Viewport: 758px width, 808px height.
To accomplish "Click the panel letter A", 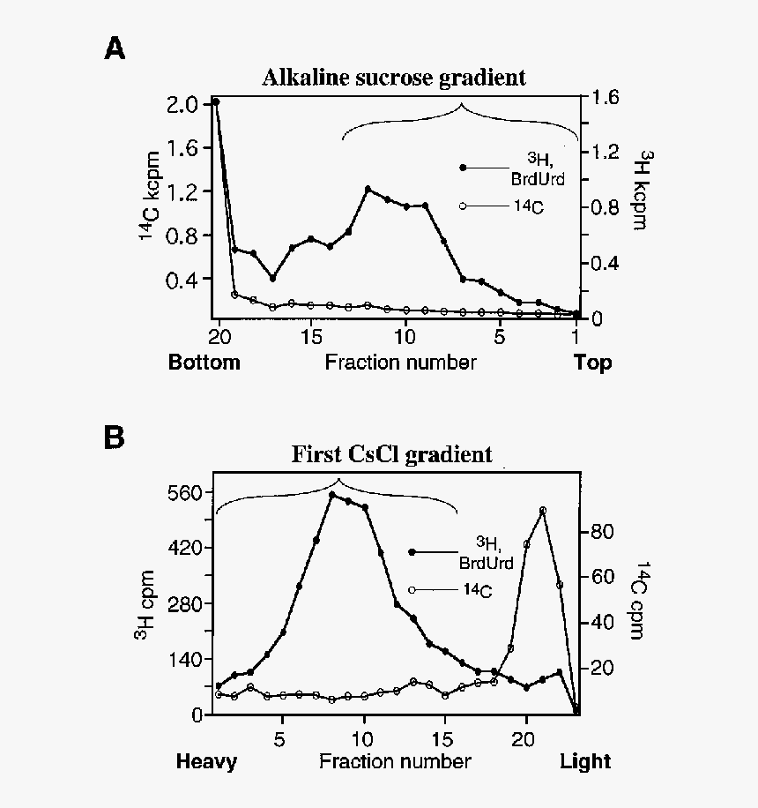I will point(115,49).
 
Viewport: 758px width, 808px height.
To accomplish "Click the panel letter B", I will point(115,438).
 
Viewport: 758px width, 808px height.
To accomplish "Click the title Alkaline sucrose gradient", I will point(394,78).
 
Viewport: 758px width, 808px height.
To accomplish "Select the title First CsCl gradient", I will point(392,455).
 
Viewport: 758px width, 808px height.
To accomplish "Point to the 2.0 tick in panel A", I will point(182,105).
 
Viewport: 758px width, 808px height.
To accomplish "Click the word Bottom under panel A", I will point(204,363).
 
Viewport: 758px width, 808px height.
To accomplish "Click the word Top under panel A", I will point(593,363).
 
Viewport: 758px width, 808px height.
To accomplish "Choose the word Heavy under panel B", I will point(206,761).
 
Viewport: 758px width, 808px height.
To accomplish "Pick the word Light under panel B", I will point(585,761).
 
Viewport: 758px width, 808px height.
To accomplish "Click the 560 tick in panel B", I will point(185,492).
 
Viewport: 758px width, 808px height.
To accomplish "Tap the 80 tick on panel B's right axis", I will point(601,532).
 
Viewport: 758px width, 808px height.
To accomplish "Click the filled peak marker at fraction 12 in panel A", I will point(368,189).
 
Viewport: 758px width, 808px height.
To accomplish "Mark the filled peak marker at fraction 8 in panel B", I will point(332,495).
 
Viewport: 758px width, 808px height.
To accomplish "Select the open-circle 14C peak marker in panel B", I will point(543,511).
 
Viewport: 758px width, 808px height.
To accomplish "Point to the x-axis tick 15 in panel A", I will point(310,338).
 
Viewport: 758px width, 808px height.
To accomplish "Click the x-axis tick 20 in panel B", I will point(526,736).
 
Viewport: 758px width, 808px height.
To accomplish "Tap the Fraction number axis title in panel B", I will point(395,761).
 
